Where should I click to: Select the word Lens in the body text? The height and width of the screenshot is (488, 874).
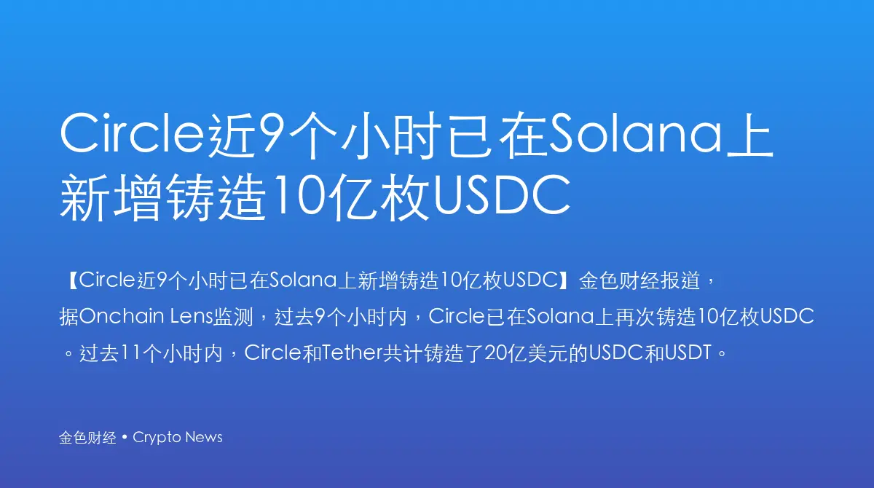coord(191,316)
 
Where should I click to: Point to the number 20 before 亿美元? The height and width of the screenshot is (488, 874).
coord(495,353)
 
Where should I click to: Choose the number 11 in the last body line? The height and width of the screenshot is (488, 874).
coord(130,353)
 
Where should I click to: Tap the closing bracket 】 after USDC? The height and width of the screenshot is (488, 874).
coord(564,280)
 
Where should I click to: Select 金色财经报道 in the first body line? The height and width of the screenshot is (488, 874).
coord(640,280)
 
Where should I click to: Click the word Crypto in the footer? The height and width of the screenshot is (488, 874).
coord(157,438)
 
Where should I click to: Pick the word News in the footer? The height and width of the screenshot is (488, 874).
coord(204,437)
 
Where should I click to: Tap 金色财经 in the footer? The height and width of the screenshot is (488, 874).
coord(88,438)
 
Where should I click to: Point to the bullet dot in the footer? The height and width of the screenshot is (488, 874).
coord(125,437)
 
